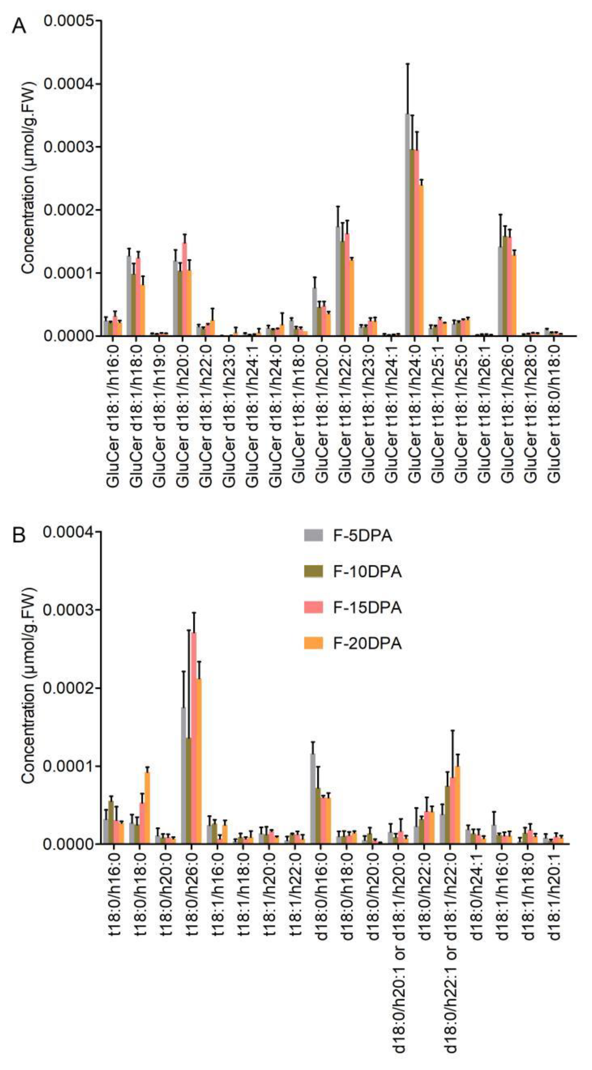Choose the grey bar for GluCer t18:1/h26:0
tap(500, 291)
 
